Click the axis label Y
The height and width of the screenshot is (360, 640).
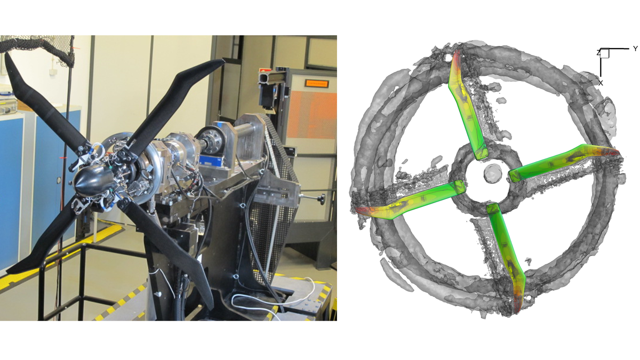tap(635, 49)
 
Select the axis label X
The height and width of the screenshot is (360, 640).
tap(601, 83)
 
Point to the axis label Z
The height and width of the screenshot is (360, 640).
tap(599, 52)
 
